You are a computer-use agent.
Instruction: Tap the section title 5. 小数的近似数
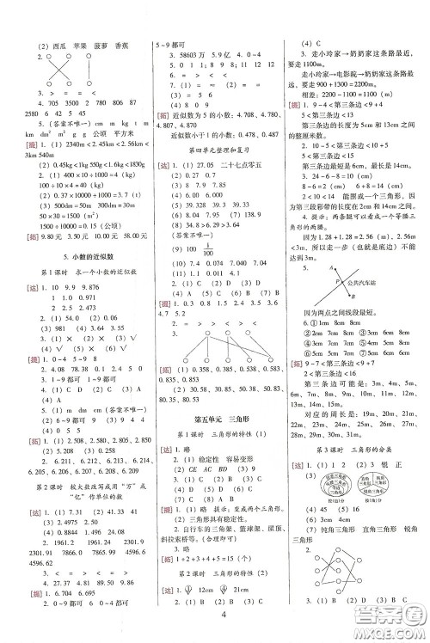coord(72,257)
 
